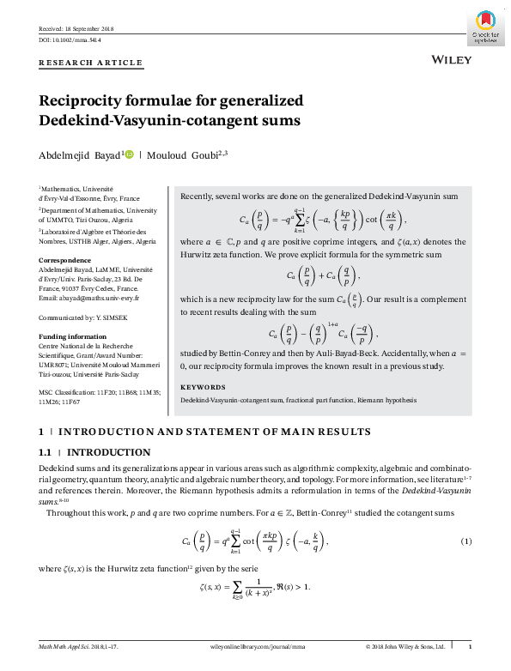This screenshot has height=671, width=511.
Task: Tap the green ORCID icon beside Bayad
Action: (x=130, y=155)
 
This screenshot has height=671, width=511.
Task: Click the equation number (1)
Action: (x=466, y=541)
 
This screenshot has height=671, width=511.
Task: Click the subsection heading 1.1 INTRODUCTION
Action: (x=95, y=452)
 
